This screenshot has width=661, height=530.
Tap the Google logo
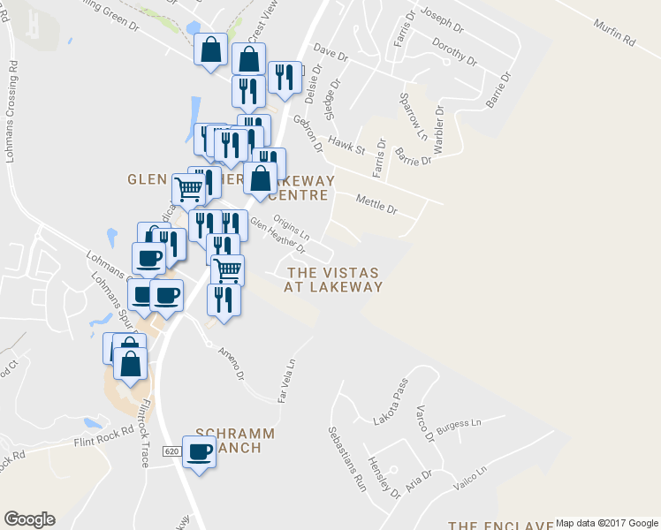point(29,519)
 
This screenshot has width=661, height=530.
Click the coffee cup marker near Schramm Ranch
point(198,451)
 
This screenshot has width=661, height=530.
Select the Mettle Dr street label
point(376,203)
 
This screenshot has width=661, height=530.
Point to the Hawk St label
point(346,144)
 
